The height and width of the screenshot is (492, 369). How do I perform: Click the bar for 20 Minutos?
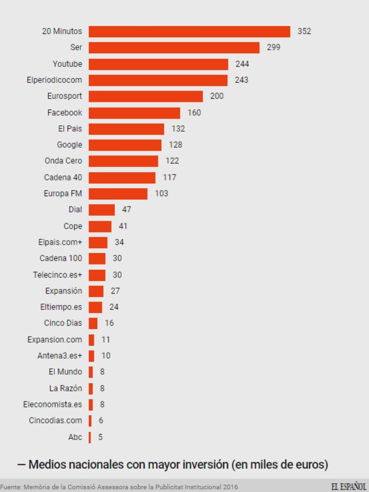189,32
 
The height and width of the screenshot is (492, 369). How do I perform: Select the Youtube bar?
158,64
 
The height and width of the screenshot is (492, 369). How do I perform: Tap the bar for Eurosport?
145,96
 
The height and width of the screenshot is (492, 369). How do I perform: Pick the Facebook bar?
134,113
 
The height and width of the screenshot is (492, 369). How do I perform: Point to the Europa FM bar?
118,193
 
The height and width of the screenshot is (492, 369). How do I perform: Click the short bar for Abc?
90,437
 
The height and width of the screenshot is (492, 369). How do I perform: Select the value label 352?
304,32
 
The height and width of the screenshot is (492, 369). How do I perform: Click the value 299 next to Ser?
273,47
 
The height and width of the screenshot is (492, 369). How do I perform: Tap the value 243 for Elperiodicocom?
241,80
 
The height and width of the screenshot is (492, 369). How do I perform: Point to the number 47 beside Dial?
126,210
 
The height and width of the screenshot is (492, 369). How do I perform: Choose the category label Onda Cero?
63,161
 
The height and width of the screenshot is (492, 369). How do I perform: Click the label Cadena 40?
63,177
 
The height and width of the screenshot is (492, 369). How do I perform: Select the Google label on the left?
69,145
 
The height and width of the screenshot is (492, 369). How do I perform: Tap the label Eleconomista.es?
52,404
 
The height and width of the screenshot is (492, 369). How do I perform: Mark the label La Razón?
65,388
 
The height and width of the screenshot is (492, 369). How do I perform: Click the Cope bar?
100,226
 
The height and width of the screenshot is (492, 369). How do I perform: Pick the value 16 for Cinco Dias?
109,323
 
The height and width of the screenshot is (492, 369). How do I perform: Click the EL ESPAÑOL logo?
349,486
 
